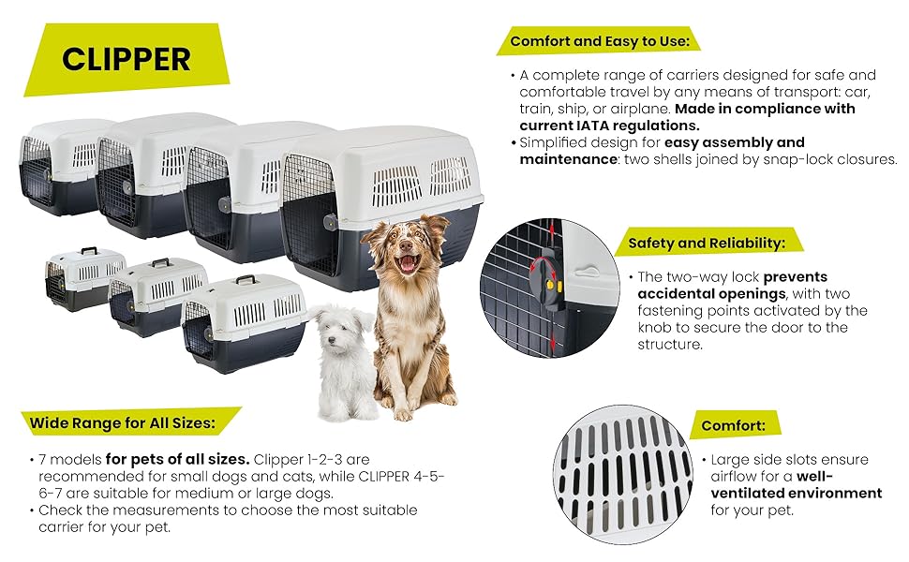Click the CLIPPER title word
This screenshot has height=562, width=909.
(126, 59)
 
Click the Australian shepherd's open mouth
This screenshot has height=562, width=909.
(408, 262)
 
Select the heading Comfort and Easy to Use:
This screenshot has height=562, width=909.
(600, 41)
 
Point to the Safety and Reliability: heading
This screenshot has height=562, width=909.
(707, 243)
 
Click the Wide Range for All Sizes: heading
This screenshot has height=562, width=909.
(123, 423)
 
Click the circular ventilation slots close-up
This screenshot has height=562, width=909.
(622, 474)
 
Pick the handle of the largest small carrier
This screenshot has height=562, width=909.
(246, 279)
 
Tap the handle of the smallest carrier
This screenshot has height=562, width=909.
(89, 250)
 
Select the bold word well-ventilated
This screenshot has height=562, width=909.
(797, 485)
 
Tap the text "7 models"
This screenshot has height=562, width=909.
(69, 460)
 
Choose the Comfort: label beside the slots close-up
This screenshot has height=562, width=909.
(733, 426)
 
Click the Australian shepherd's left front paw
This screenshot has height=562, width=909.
(402, 412)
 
